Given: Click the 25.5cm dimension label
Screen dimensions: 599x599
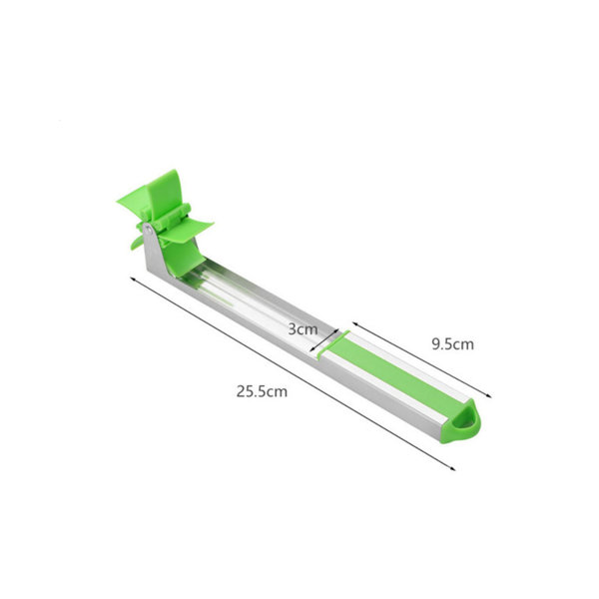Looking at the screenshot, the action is (x=262, y=392).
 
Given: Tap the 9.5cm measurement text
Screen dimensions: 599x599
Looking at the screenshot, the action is (x=452, y=344).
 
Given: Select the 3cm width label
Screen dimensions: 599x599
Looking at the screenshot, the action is (x=302, y=329).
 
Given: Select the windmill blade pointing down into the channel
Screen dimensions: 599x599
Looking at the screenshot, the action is (x=179, y=259).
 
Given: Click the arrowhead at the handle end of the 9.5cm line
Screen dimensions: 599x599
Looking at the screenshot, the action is (x=488, y=395).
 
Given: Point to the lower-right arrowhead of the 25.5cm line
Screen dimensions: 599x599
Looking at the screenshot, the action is (x=452, y=468).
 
